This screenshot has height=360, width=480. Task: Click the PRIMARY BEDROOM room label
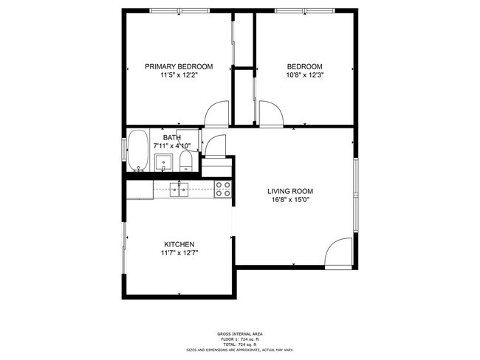pos(179,66)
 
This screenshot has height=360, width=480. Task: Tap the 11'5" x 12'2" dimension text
pos(179,75)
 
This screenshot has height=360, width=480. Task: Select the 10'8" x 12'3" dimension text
pos(304,75)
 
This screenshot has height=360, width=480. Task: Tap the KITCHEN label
pos(179,244)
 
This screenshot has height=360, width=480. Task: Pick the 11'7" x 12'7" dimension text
pos(179,253)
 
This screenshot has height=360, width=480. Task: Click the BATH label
pos(171,137)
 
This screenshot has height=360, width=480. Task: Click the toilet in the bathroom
pos(186,159)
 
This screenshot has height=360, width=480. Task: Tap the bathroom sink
pos(167,160)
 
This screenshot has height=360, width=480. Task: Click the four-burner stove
pos(224,189)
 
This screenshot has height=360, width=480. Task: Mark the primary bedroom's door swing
pos(217,114)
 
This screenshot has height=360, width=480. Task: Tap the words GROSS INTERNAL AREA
pos(241,333)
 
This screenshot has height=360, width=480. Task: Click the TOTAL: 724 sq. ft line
pos(241,345)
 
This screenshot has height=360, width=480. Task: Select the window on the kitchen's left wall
pos(124,246)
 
